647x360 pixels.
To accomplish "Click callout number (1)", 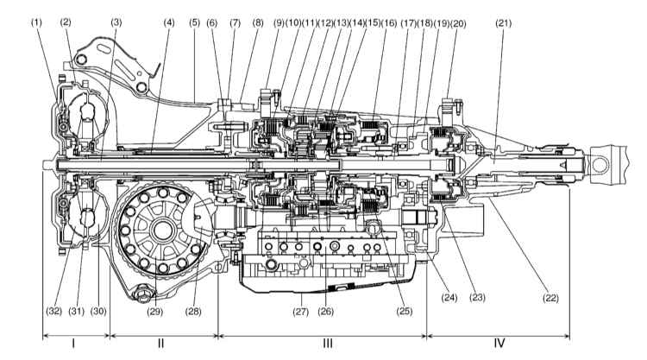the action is [x=36, y=22].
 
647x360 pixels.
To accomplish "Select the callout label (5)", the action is [x=195, y=22].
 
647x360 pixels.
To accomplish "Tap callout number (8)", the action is [x=257, y=22].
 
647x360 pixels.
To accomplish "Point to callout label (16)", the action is [x=389, y=23].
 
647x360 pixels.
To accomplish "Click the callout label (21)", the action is [x=504, y=23].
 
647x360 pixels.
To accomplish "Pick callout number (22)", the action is [x=550, y=298].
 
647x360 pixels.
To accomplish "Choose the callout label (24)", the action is [x=449, y=297].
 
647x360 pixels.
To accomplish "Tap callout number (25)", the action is [x=404, y=311].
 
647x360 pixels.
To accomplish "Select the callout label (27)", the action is [x=301, y=312].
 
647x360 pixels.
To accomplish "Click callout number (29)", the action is [x=154, y=312].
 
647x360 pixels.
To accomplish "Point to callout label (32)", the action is [x=54, y=312].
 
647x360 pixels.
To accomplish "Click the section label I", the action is [x=73, y=344].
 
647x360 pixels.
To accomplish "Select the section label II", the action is [x=160, y=344].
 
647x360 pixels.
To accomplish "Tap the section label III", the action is [x=328, y=344].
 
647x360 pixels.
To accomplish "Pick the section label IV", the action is [x=499, y=344].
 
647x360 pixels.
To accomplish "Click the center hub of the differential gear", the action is [x=162, y=231].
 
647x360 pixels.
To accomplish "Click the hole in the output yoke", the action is [x=600, y=164].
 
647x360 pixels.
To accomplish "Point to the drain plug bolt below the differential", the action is [x=143, y=294].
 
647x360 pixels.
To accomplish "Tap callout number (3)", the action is [x=116, y=22].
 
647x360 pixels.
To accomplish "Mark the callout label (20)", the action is [x=458, y=23].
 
